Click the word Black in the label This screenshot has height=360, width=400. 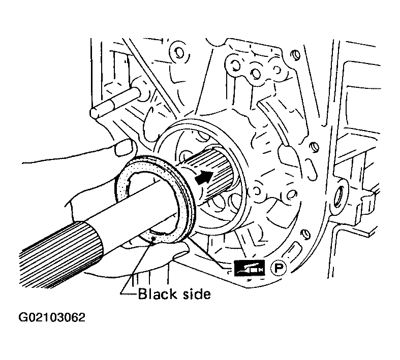[x=158, y=294]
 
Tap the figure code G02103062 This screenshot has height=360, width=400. [x=52, y=318]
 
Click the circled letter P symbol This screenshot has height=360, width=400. [x=279, y=268]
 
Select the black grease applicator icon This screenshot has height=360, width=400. [x=250, y=268]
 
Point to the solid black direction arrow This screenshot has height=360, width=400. [x=204, y=177]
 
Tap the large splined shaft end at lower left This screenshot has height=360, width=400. [x=61, y=255]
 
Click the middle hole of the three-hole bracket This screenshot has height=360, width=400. [x=255, y=74]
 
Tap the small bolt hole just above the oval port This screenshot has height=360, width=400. [x=314, y=147]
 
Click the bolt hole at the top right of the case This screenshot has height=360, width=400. [x=295, y=55]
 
